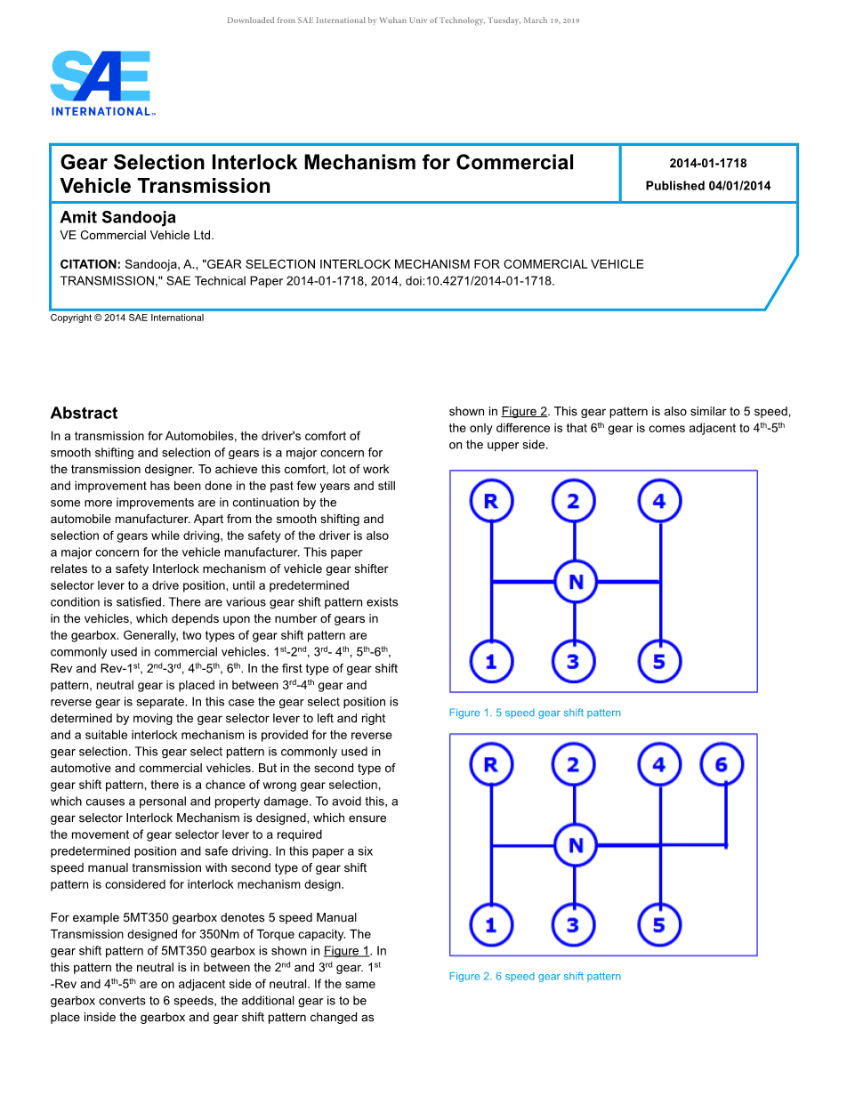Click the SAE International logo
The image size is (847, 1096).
tap(101, 82)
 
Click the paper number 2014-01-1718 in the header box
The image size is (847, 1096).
tap(707, 163)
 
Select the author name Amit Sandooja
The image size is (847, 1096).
tap(117, 217)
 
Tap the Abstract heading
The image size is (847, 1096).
tap(84, 413)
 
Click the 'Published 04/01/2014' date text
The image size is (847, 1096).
tap(707, 186)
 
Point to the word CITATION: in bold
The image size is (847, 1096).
tap(90, 264)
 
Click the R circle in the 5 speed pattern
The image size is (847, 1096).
tap(490, 501)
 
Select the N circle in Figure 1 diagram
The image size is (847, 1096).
tap(576, 582)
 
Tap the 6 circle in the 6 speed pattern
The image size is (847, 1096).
tap(721, 764)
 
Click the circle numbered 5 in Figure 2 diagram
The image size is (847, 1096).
tap(659, 925)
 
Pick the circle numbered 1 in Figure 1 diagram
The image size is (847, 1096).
tap(490, 662)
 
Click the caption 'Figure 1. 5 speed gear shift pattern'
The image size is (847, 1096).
tap(535, 713)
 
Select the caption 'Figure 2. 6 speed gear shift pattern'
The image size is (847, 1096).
tap(535, 976)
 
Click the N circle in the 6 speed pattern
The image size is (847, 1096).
tap(576, 845)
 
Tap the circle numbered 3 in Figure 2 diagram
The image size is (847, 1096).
tap(573, 925)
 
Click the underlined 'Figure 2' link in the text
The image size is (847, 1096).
tap(524, 411)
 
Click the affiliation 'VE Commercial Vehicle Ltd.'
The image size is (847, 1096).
tap(137, 236)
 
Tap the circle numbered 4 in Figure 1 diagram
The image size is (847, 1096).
tap(659, 501)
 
